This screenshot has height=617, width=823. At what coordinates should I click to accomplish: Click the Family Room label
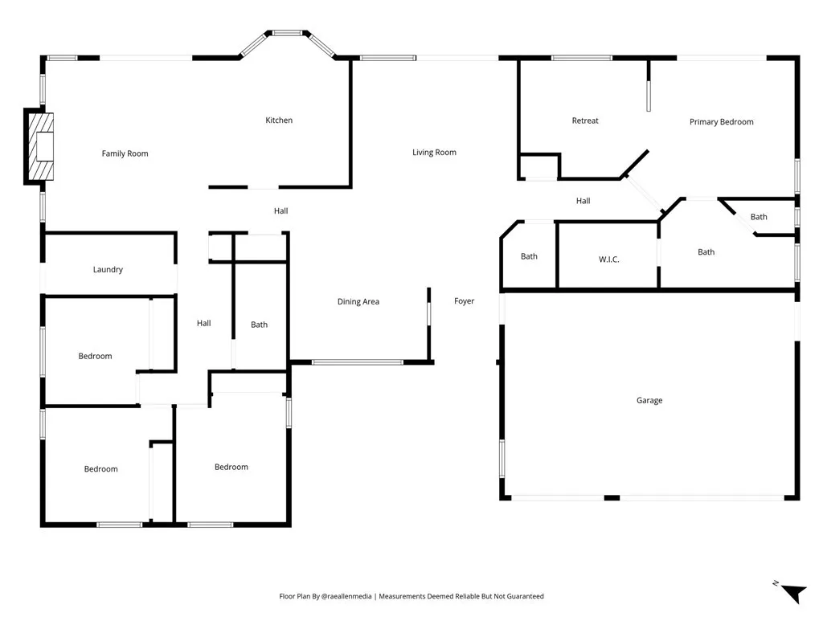pos(125,153)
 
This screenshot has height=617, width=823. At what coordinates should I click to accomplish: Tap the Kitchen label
pos(279,121)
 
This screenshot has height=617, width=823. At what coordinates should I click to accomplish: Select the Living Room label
pos(434,153)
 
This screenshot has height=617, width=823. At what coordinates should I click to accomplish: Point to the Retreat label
pos(585,121)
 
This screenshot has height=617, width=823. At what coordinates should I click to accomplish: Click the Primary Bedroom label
pos(721,122)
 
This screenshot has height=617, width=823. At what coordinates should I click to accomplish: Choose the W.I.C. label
pos(608,259)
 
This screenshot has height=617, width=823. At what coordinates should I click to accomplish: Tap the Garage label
pos(649,400)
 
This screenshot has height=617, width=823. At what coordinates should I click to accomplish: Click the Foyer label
pos(464,301)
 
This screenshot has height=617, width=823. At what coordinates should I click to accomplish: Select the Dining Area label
pos(358,302)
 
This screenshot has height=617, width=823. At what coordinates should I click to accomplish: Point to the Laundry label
pos(108,270)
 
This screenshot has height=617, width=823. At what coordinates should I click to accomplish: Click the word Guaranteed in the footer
pos(522,596)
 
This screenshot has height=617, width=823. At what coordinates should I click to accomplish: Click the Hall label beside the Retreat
pos(583,201)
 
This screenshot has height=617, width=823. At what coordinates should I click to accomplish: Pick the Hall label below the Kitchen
pos(280,211)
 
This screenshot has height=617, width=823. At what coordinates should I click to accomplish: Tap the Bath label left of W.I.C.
pos(529,257)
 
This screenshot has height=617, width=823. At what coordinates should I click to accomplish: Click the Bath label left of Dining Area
pos(259,325)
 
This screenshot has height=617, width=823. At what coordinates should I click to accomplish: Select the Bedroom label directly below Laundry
pos(95,356)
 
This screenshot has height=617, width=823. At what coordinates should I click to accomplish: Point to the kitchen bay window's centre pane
pos(287,33)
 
